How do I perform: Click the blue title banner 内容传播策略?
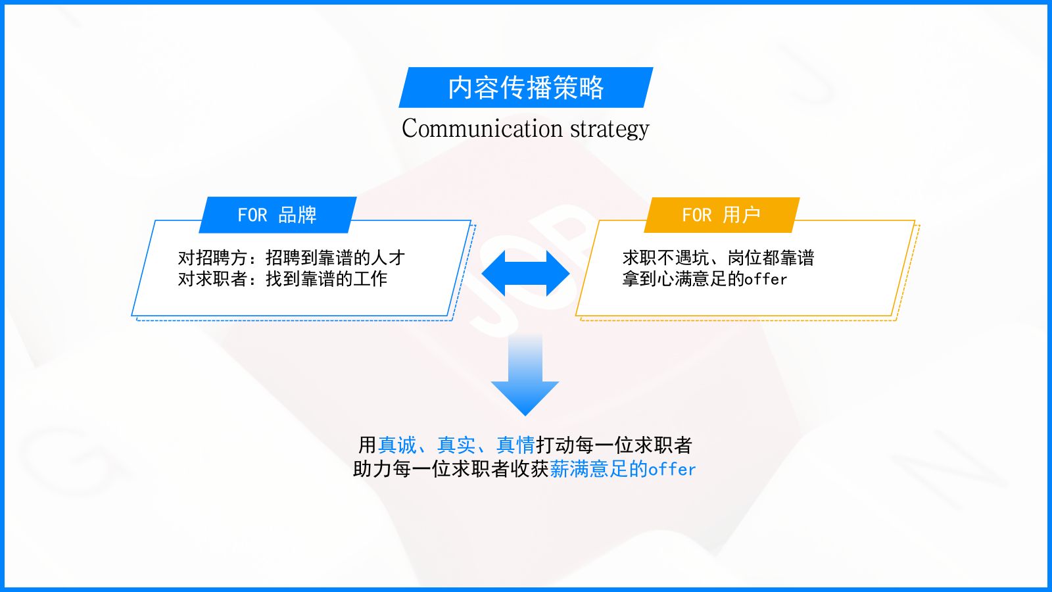[x=525, y=87]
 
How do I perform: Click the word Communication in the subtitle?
[x=482, y=128]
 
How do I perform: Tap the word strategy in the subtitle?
[x=610, y=129]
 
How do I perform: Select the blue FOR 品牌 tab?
[x=277, y=215]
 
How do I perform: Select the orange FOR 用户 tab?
[x=721, y=215]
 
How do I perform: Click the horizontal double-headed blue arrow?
[x=525, y=273]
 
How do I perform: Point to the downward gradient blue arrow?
[x=525, y=375]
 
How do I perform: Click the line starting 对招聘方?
[x=291, y=257]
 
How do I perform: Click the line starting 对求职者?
[x=283, y=279]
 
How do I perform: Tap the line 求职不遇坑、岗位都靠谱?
[x=718, y=257]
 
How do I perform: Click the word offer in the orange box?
[x=765, y=280]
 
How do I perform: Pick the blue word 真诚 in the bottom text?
[x=397, y=445]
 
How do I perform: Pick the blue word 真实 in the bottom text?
[x=456, y=445]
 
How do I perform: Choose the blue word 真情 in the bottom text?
[x=515, y=445]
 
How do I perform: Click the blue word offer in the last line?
[x=672, y=470]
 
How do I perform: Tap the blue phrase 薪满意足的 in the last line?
[x=599, y=469]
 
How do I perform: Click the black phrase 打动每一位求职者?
[x=613, y=445]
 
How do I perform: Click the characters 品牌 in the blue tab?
[x=297, y=215]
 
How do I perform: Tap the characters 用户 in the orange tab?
[x=742, y=215]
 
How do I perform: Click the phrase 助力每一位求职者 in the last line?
[x=431, y=469]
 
